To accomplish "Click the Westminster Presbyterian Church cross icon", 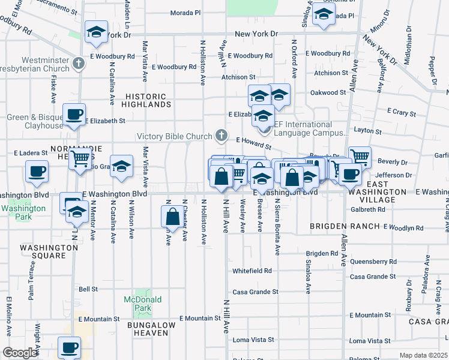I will click(x=79, y=62).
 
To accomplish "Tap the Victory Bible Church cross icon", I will click(x=222, y=136).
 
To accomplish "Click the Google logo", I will click(x=20, y=353).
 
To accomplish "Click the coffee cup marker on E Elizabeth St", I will click(x=74, y=114).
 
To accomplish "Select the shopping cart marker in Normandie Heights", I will click(x=80, y=159).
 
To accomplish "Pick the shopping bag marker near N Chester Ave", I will click(x=172, y=217).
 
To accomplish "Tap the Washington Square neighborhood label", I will click(x=42, y=251).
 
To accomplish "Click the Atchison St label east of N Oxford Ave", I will click(x=327, y=73).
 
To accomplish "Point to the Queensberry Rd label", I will click(x=373, y=262).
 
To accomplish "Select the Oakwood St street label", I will click(x=328, y=92).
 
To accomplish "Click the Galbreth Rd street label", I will click(x=369, y=209).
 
